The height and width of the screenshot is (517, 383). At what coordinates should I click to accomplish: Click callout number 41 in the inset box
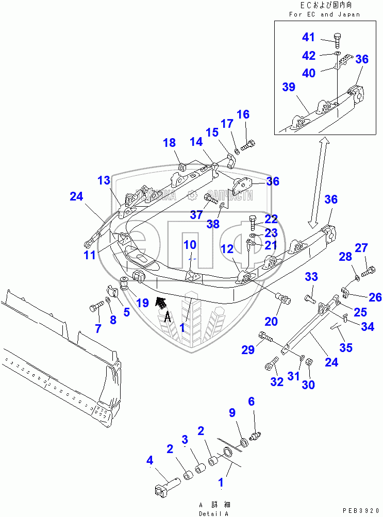point(308,37)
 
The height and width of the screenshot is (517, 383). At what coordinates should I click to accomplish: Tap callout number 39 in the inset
point(289,87)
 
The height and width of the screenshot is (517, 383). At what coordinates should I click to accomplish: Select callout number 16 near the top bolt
point(243,114)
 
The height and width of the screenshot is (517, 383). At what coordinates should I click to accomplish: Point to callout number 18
point(170,143)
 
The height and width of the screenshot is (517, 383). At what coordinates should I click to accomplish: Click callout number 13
point(104,180)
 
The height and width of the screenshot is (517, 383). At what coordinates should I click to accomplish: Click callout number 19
point(143,303)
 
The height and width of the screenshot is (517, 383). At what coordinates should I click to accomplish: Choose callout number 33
point(311,277)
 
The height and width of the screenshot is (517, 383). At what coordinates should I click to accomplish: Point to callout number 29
point(248,350)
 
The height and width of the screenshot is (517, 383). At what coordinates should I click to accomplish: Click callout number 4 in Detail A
point(149,460)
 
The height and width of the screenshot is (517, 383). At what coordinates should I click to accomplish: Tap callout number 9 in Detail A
point(232,412)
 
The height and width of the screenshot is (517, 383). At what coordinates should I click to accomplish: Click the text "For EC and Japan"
point(324,14)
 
